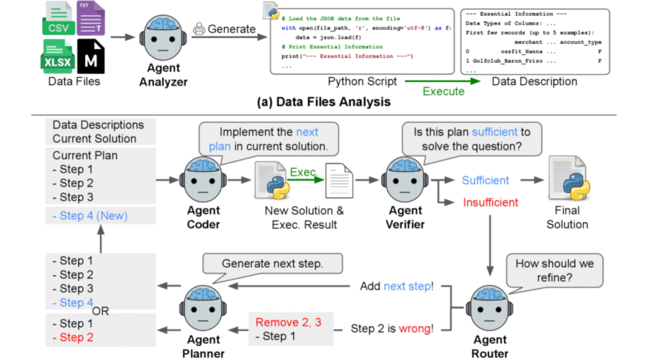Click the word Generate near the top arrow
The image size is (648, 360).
[232, 29]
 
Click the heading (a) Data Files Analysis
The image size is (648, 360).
[324, 102]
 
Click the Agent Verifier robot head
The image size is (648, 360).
[405, 178]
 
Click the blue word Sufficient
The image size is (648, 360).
[485, 180]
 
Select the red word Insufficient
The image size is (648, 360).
[490, 203]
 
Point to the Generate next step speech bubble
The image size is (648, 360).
[272, 264]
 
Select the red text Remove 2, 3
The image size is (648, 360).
[286, 322]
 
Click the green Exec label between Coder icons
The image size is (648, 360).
[302, 173]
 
